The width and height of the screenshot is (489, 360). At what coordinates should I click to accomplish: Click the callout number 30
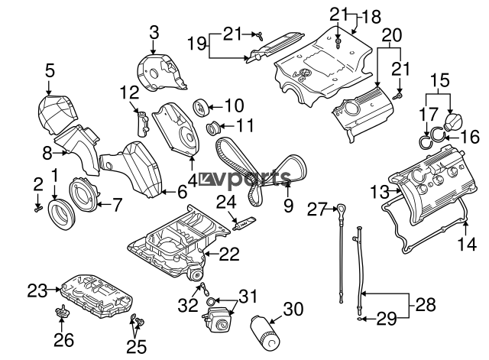pos(293,309)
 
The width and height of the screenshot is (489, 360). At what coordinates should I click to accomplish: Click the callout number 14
pos(468,244)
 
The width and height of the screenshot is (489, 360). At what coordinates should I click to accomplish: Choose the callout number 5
pos(50,71)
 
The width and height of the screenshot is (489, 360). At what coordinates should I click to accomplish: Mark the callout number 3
pos(154,32)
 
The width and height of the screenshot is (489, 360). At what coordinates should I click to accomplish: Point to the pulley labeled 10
pos(202,105)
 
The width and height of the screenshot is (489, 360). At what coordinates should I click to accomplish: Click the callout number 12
pos(128,93)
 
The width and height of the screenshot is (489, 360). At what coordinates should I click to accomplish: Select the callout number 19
pos(196,45)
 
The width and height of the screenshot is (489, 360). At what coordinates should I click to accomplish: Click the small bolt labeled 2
pos(37,206)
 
